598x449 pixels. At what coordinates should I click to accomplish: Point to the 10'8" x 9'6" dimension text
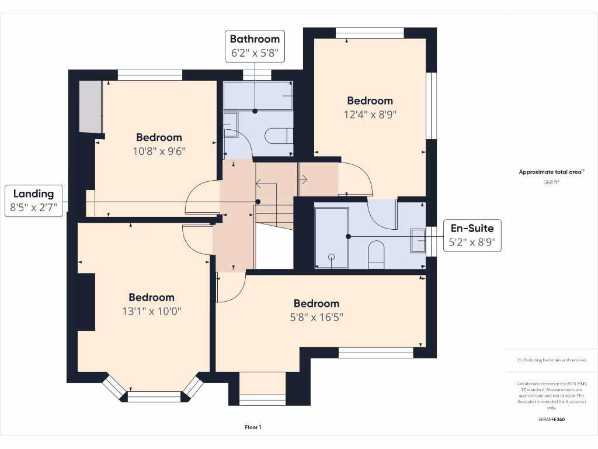pyautogui.click(x=159, y=151)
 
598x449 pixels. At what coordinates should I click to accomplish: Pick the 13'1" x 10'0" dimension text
pyautogui.click(x=151, y=312)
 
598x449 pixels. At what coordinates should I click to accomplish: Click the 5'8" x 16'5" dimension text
pyautogui.click(x=316, y=317)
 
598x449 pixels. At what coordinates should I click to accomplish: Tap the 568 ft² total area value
pyautogui.click(x=551, y=182)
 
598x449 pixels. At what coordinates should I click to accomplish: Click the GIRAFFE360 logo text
pyautogui.click(x=551, y=419)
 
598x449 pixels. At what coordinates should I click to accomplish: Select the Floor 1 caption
pyautogui.click(x=253, y=427)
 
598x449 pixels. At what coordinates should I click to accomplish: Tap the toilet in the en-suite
pyautogui.click(x=377, y=255)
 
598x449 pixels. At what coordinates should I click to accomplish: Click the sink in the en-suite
pyautogui.click(x=418, y=241)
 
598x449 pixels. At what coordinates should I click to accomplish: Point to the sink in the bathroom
pyautogui.click(x=230, y=126)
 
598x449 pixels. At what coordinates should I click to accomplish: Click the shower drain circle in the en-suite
pyautogui.click(x=332, y=257)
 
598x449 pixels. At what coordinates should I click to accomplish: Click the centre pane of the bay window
pyautogui.click(x=155, y=396)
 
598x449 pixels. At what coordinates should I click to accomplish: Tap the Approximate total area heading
pyautogui.click(x=551, y=172)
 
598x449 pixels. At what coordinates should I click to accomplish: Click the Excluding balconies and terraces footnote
pyautogui.click(x=551, y=360)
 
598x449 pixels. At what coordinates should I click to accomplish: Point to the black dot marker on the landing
pyautogui.click(x=258, y=202)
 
